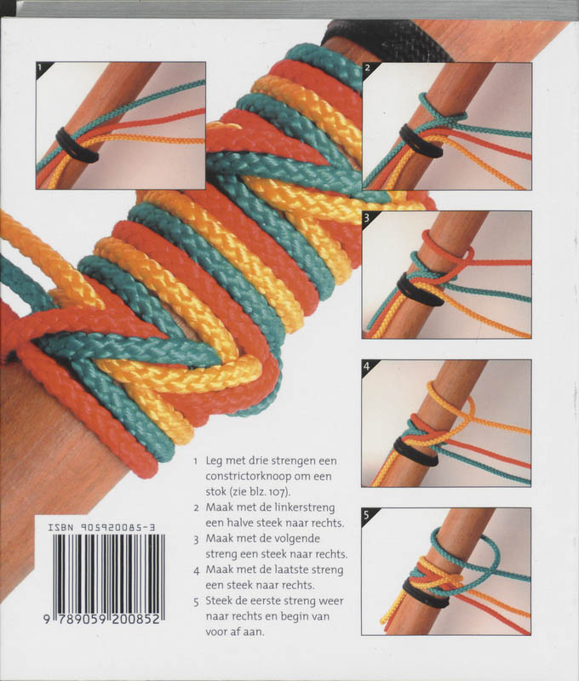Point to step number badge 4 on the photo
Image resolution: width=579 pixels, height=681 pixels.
[x=369, y=367]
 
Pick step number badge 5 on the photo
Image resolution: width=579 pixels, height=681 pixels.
[x=369, y=516]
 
